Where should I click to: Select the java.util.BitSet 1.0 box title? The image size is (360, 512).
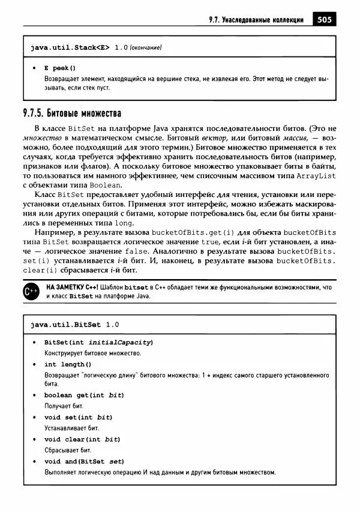74,324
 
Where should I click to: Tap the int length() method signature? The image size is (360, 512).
68,364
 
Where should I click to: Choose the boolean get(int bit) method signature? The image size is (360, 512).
84,395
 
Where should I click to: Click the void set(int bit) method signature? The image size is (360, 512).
79,417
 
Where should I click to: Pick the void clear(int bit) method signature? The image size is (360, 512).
82,439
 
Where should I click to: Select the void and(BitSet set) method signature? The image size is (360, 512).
84,461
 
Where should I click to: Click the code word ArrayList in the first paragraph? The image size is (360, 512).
316,175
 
